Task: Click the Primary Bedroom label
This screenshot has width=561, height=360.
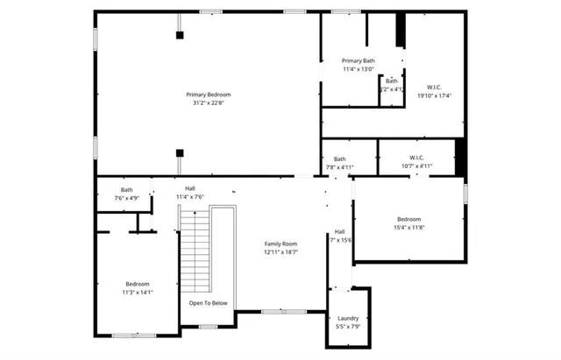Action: [x=207, y=95]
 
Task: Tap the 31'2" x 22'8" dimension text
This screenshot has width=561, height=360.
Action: [x=209, y=103]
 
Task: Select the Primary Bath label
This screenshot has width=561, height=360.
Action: [x=358, y=60]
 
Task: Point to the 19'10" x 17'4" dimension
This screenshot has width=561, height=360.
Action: [x=434, y=95]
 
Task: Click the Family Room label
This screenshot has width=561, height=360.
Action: [x=281, y=244]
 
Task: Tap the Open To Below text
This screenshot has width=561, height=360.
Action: [x=209, y=303]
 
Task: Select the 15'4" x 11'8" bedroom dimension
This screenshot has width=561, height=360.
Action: [x=409, y=228]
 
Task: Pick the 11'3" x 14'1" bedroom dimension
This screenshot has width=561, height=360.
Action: [x=138, y=293]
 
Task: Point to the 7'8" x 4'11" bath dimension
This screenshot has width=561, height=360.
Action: [x=339, y=167]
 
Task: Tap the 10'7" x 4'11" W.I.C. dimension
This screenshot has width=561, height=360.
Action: [x=416, y=166]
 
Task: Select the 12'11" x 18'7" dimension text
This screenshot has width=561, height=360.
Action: [x=281, y=252]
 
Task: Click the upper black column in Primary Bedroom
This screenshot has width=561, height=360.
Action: [x=180, y=35]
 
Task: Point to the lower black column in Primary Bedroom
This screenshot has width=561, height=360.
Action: [x=180, y=151]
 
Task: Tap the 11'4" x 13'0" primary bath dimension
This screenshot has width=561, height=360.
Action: [x=358, y=69]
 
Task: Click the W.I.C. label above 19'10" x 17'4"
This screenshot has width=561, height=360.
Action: [x=434, y=87]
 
